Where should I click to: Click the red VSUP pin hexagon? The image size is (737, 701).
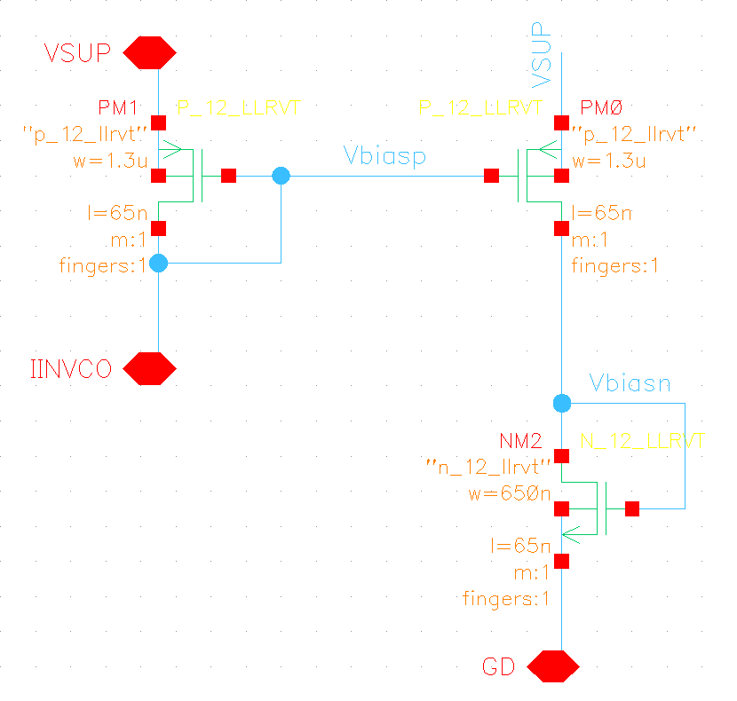148,53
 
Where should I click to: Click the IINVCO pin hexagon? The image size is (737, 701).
148,368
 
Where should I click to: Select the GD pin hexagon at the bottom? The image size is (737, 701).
553,666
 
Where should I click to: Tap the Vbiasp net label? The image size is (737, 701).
384,157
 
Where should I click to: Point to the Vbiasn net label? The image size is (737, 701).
630,383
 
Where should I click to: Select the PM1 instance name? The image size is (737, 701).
118,108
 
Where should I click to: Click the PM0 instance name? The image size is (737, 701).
602,108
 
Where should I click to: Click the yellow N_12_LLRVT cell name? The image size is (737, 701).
642,441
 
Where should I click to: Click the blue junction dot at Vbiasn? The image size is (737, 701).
561,404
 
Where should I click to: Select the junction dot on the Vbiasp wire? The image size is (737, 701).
281,176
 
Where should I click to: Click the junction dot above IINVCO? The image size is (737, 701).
158,263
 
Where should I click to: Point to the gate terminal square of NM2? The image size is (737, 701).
632,508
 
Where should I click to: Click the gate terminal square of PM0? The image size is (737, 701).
491,176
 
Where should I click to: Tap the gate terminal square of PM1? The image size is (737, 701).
228,176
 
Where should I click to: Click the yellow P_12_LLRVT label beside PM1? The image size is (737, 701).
239,108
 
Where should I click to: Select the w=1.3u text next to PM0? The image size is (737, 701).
608,161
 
